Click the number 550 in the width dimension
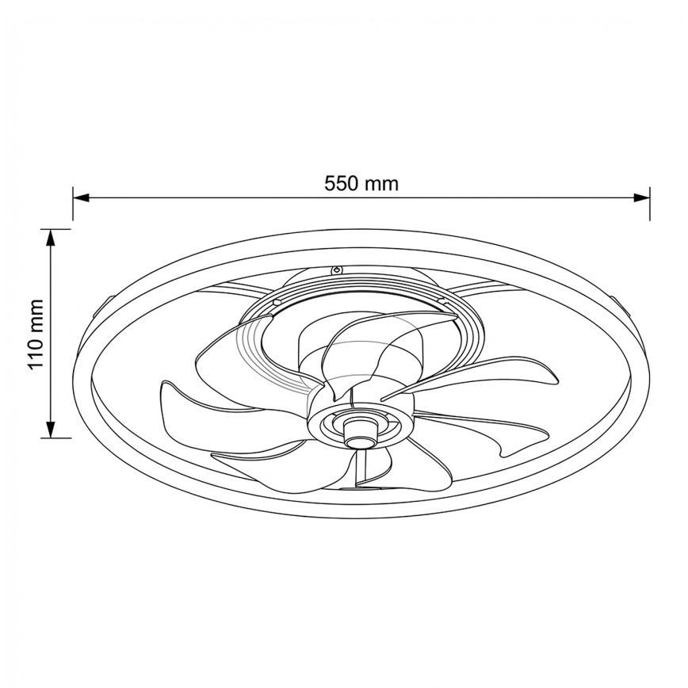[342, 183]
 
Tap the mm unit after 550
[381, 184]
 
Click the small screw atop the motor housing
[336, 269]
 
